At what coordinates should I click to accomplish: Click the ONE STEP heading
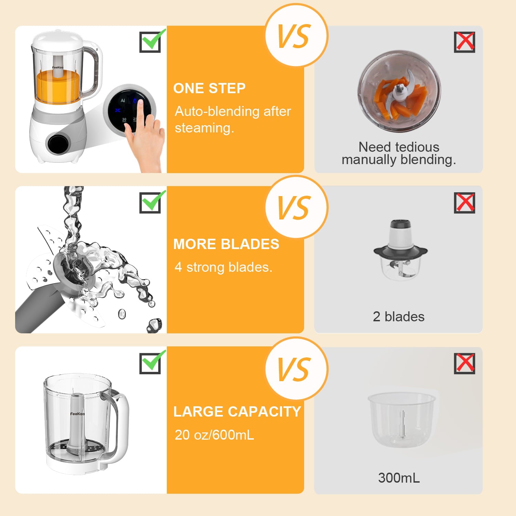209,88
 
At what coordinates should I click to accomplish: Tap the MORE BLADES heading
226,244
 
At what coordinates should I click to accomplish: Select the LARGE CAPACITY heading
237,412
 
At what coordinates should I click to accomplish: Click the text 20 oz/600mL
214,435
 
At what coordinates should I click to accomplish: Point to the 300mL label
399,478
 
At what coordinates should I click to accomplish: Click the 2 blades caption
399,316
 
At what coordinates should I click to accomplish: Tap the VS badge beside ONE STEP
296,35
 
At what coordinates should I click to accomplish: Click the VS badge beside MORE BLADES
296,207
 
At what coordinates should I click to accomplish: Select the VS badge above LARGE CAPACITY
296,369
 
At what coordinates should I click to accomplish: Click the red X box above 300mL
464,363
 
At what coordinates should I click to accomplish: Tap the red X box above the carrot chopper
464,42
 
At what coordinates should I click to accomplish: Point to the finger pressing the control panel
140,114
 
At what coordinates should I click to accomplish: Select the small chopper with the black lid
400,249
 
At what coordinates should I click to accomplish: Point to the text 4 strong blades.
223,267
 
